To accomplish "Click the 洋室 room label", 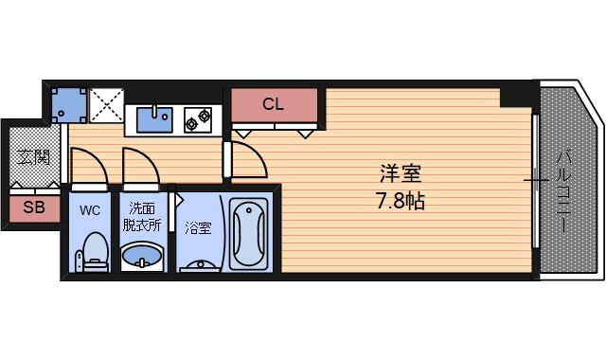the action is pos(400,174).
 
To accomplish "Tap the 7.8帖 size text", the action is pos(400,201).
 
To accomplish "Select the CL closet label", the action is pos(273,104).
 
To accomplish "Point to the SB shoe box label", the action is pos(33,207).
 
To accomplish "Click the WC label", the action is pos(91,209).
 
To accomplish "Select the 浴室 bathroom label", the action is pos(198,227).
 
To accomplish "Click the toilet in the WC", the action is pos(93,251).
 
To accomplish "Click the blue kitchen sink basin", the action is pos(151,119).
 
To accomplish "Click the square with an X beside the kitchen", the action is pos(105,104).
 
